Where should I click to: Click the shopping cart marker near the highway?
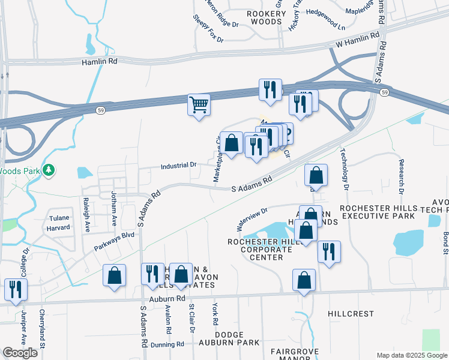point(199,104)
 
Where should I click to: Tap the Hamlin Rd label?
point(99,61)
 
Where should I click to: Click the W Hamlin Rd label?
point(358,40)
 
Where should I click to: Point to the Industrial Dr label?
point(178,164)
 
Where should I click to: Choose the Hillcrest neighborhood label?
point(351,314)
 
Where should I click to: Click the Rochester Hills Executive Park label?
point(377,211)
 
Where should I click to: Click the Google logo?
point(20,353)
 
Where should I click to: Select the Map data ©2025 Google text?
point(412,355)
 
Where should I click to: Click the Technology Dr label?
point(345,170)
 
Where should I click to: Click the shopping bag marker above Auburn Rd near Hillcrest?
point(304,280)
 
